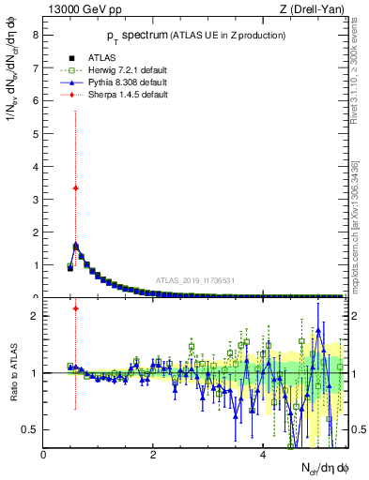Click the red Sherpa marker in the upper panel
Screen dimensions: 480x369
[x=75, y=187]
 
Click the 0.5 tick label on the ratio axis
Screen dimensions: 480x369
[x=31, y=429]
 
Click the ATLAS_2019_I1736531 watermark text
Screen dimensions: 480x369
[x=194, y=280]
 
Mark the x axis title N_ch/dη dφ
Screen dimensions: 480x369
[x=319, y=468]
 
